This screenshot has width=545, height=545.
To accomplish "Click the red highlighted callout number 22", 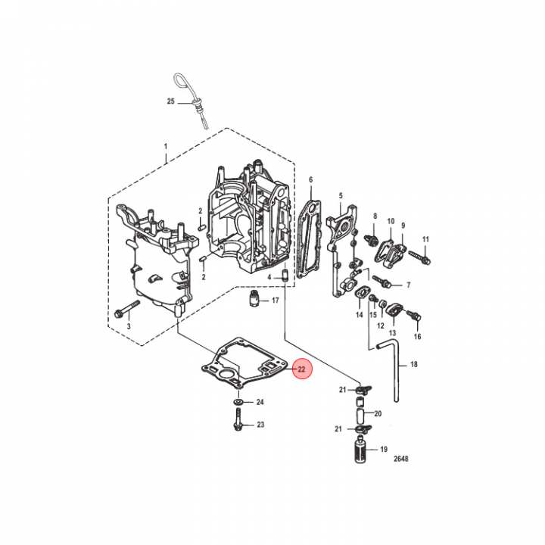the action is pos(301,369).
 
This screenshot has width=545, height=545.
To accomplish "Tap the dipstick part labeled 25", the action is pos(194,100).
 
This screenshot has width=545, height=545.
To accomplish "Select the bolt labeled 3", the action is pos(126,309).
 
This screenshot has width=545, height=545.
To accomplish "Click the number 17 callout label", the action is pos(276,301).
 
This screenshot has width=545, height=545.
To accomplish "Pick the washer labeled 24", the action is pos(238,402).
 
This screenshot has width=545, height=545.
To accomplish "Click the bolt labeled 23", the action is pos(238,419).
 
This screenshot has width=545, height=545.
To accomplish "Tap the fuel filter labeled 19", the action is pos(361,450).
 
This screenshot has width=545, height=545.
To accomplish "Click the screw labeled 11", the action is pos(420,257).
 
